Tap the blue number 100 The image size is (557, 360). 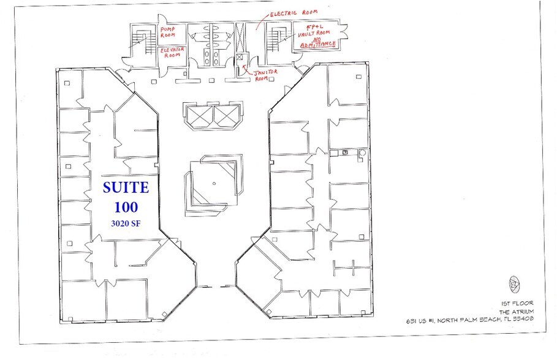click(x=125, y=206)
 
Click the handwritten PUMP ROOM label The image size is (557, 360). click(x=169, y=32)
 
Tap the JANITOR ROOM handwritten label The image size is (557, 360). click(x=267, y=75)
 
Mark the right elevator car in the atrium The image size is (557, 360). click(x=225, y=116)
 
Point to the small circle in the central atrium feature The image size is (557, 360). click(x=214, y=183)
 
